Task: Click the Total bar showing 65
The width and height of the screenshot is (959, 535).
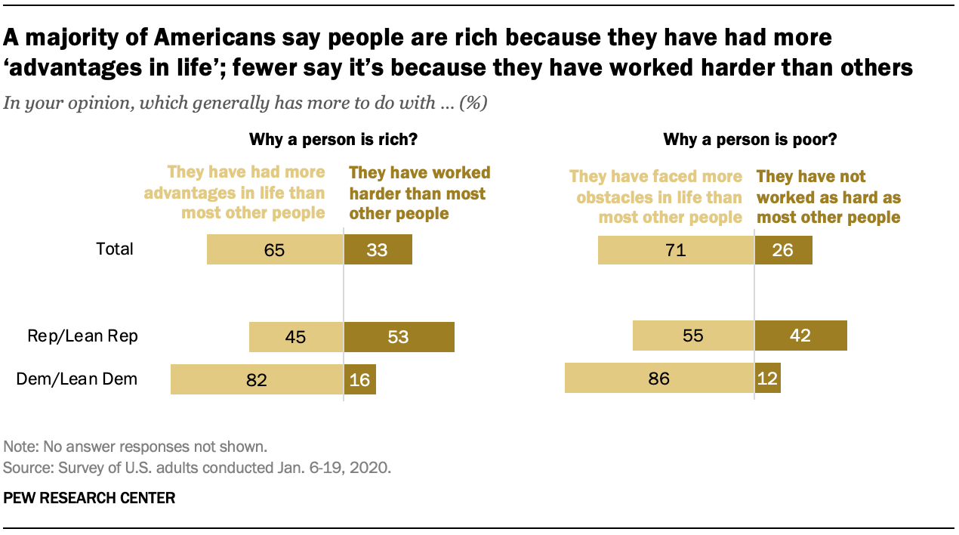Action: (x=275, y=249)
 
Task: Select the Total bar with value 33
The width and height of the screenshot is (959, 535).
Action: (x=378, y=249)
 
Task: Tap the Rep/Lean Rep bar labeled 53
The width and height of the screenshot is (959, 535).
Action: (x=399, y=337)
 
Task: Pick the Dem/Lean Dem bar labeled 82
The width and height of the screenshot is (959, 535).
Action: (x=257, y=379)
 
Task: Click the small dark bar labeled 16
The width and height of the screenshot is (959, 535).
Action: (x=359, y=379)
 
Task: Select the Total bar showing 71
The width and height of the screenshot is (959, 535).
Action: (x=675, y=249)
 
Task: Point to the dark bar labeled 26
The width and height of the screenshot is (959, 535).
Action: (x=783, y=249)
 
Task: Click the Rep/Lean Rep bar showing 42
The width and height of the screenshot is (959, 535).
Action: (x=800, y=336)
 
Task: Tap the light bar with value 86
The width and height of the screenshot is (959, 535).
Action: (x=658, y=378)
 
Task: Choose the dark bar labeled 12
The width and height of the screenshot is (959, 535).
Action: (x=767, y=378)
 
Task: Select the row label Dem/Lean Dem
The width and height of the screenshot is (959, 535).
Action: (x=77, y=379)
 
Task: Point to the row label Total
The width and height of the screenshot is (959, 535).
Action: (x=115, y=249)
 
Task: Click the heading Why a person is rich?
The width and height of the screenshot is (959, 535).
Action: (x=333, y=140)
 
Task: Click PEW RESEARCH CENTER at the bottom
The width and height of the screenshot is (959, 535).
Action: (x=90, y=498)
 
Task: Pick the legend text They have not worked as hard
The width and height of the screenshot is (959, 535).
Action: (x=828, y=197)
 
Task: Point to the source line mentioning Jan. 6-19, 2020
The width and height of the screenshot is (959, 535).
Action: (x=197, y=468)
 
